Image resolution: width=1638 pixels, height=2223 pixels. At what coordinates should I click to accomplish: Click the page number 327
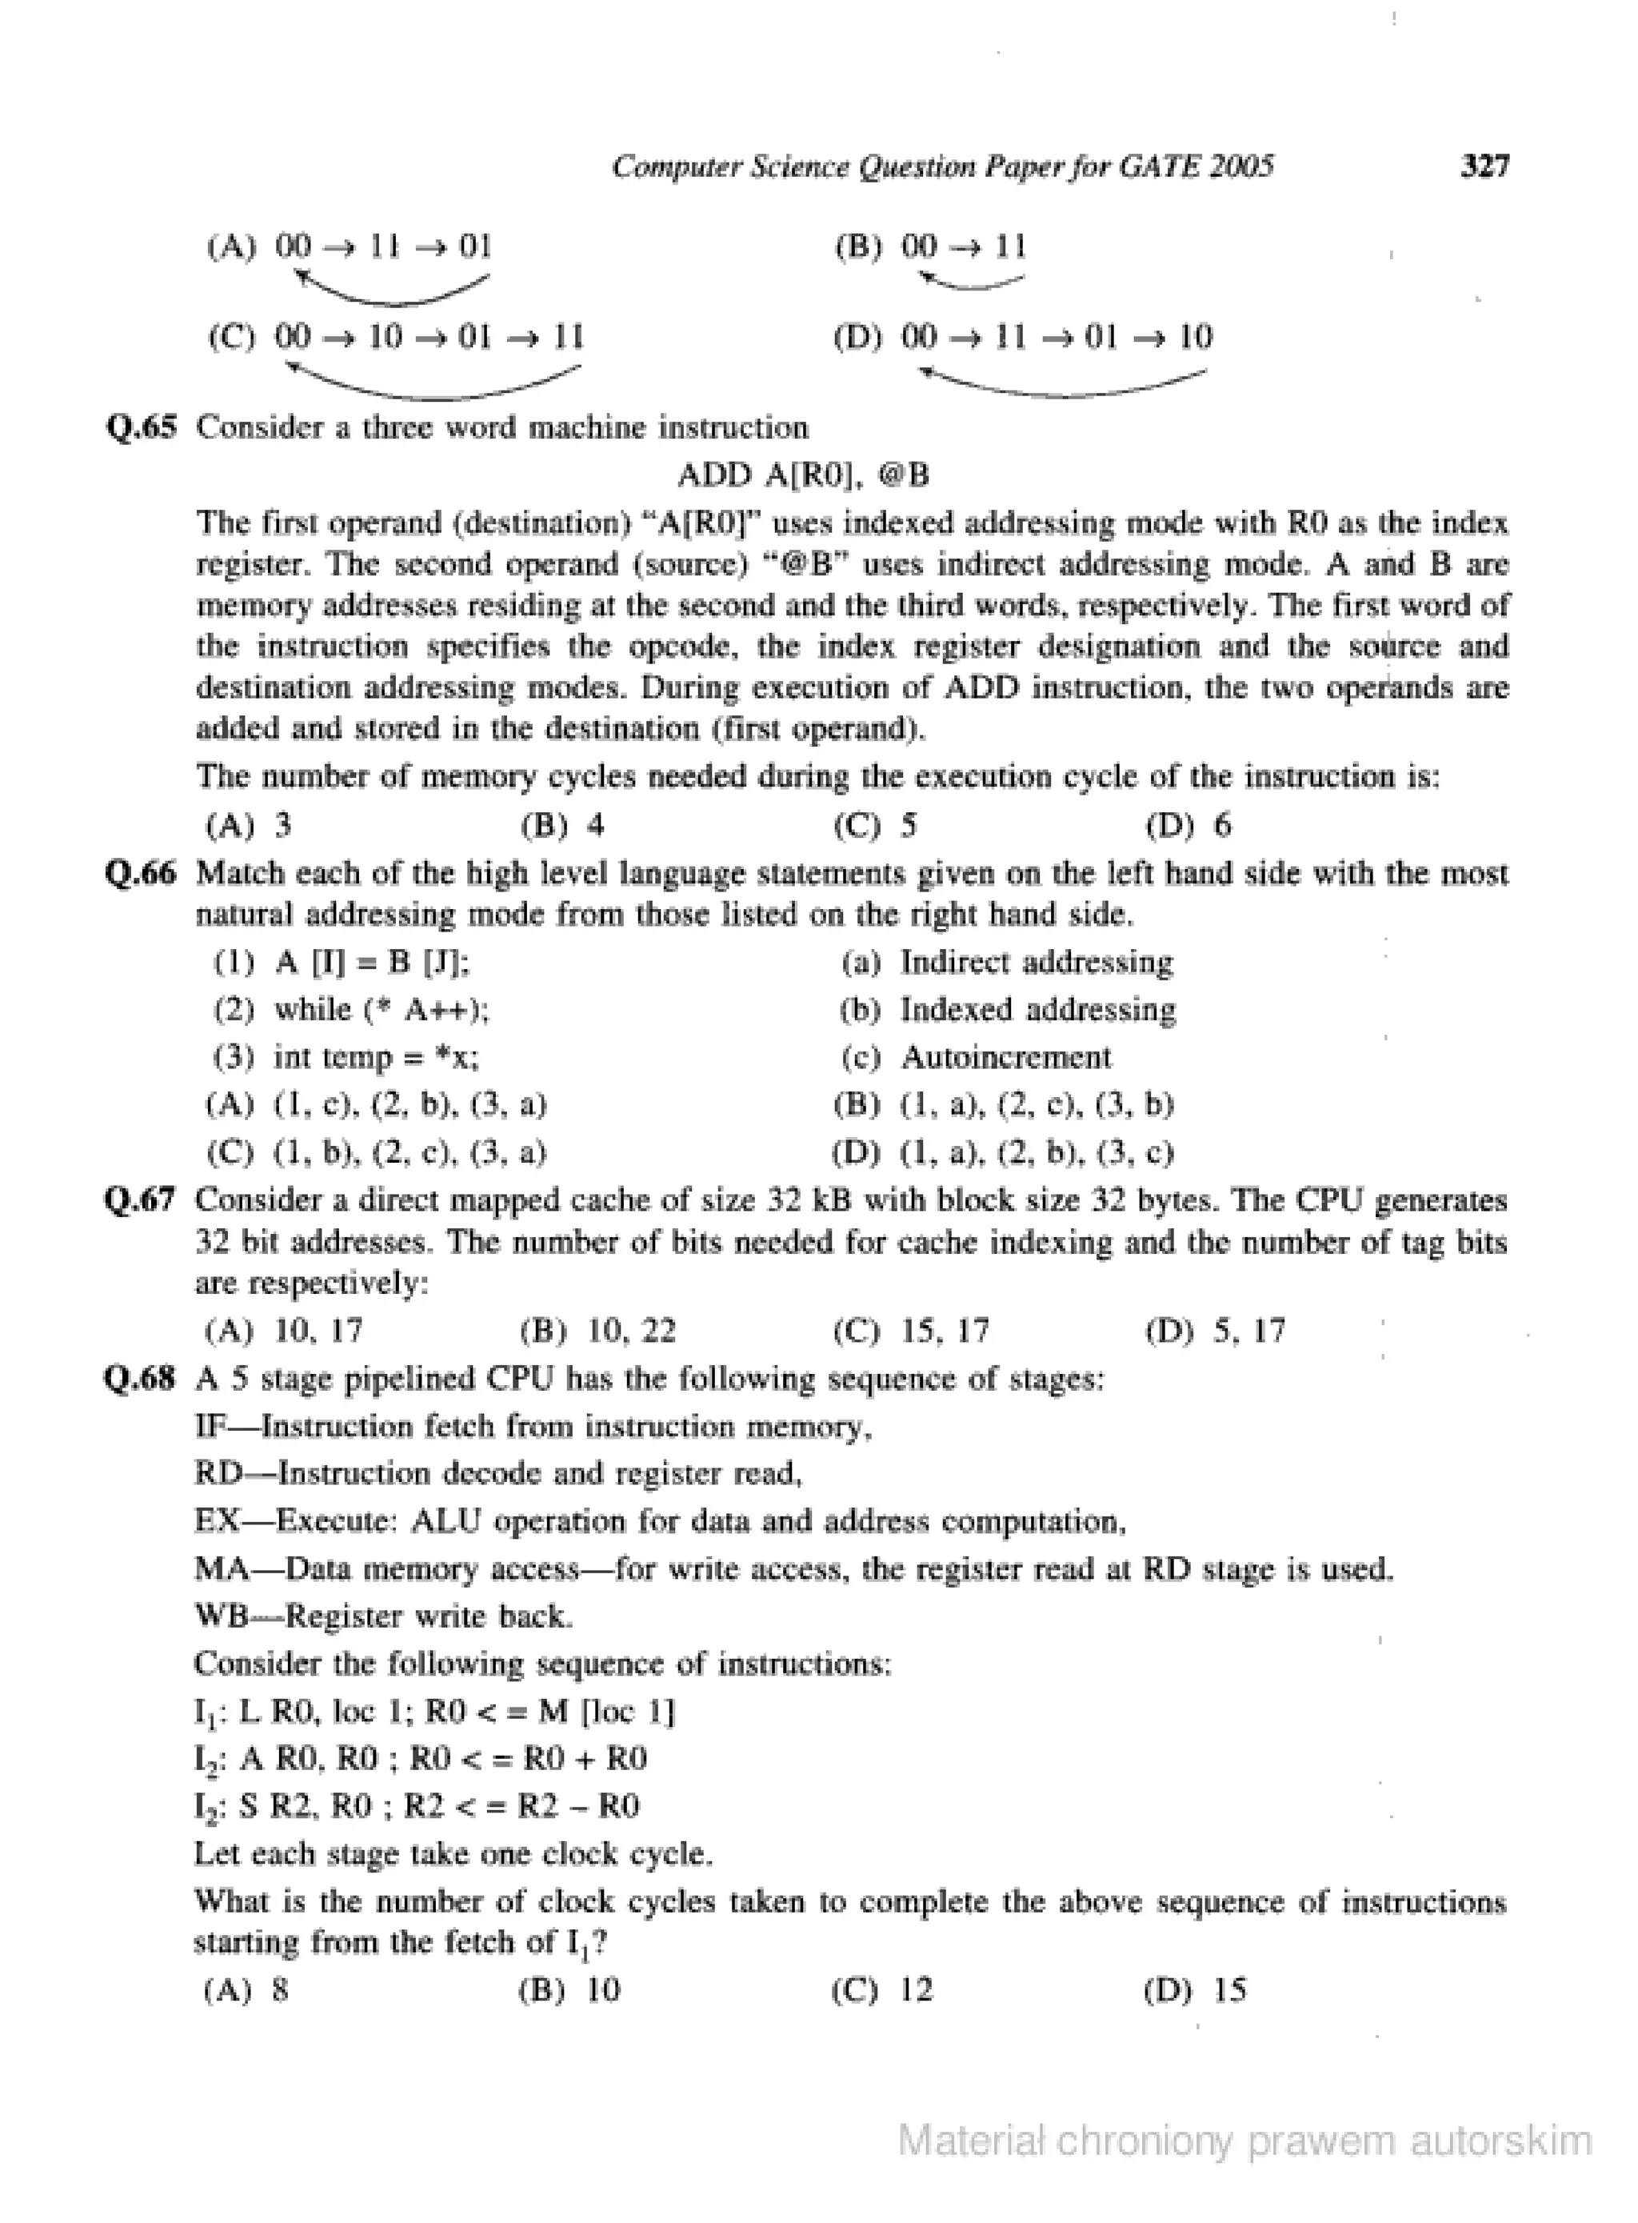tap(1484, 166)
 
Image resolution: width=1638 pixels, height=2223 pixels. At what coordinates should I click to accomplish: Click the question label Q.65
tap(142, 427)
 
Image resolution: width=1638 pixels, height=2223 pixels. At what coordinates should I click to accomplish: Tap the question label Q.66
tap(142, 873)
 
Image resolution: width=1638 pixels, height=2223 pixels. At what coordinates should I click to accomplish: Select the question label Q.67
tap(142, 1200)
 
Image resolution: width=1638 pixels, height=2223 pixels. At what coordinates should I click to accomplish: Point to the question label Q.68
tap(142, 1379)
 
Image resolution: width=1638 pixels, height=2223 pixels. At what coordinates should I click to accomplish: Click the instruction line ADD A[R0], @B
tap(803, 475)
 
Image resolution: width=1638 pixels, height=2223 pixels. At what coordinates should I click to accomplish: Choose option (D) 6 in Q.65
tap(1189, 824)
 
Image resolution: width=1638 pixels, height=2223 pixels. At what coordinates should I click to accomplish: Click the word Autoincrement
tap(1005, 1056)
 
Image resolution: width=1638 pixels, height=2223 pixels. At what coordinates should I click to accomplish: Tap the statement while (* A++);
tap(381, 1009)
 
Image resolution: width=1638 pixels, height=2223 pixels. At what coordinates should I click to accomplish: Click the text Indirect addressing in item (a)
tap(1036, 962)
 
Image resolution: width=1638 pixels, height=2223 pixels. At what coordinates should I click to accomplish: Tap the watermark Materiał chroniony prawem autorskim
tap(1244, 2141)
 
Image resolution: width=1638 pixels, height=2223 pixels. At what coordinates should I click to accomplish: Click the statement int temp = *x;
tap(376, 1056)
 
